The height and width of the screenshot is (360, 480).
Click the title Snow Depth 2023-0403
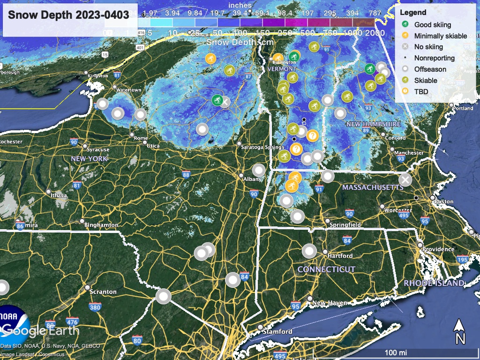[68, 15]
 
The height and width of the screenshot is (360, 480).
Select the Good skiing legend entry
[432, 25]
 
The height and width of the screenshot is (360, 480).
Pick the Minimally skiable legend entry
[440, 36]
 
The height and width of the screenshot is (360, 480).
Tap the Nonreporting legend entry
[434, 58]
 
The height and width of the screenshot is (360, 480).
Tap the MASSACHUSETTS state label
[373, 187]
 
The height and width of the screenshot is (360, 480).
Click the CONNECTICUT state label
[326, 270]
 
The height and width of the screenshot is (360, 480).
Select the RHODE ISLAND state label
[434, 283]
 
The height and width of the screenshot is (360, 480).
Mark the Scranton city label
[103, 292]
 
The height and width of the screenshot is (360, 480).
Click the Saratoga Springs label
[262, 147]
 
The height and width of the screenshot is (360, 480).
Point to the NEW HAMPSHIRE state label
[373, 124]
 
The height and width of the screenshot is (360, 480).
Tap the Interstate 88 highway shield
[187, 175]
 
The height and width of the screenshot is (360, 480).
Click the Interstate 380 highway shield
[95, 307]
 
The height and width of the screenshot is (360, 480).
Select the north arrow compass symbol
[460, 331]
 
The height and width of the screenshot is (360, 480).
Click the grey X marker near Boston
[405, 180]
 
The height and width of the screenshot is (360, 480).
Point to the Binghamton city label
[101, 225]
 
